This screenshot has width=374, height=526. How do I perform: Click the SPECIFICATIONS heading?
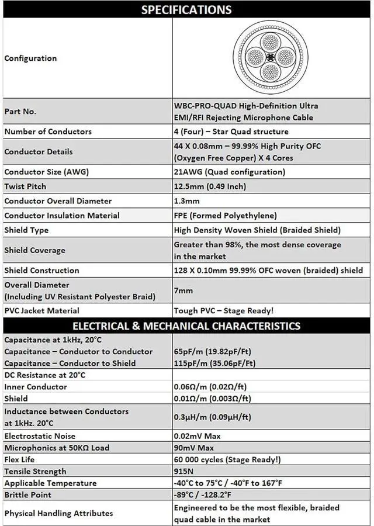click(186, 9)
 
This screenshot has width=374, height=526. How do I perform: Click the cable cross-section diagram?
click(270, 58)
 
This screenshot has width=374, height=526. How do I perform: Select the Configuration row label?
click(30, 58)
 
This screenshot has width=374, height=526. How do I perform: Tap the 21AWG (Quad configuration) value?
click(229, 172)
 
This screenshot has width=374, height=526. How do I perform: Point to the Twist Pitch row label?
click(25, 186)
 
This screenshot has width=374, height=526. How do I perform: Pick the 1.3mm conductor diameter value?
click(186, 201)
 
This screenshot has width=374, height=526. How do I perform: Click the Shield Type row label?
click(26, 230)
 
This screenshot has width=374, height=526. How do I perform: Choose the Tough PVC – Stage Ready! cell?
click(223, 311)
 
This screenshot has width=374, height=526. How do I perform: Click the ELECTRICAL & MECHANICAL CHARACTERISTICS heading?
click(186, 326)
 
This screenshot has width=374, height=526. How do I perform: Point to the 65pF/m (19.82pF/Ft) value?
click(214, 352)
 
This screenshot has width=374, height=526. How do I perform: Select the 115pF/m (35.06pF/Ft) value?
click(214, 364)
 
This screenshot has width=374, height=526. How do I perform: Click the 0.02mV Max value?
click(198, 436)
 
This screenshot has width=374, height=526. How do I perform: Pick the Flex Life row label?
click(19, 459)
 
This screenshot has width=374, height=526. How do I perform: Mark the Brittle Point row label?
click(27, 494)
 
